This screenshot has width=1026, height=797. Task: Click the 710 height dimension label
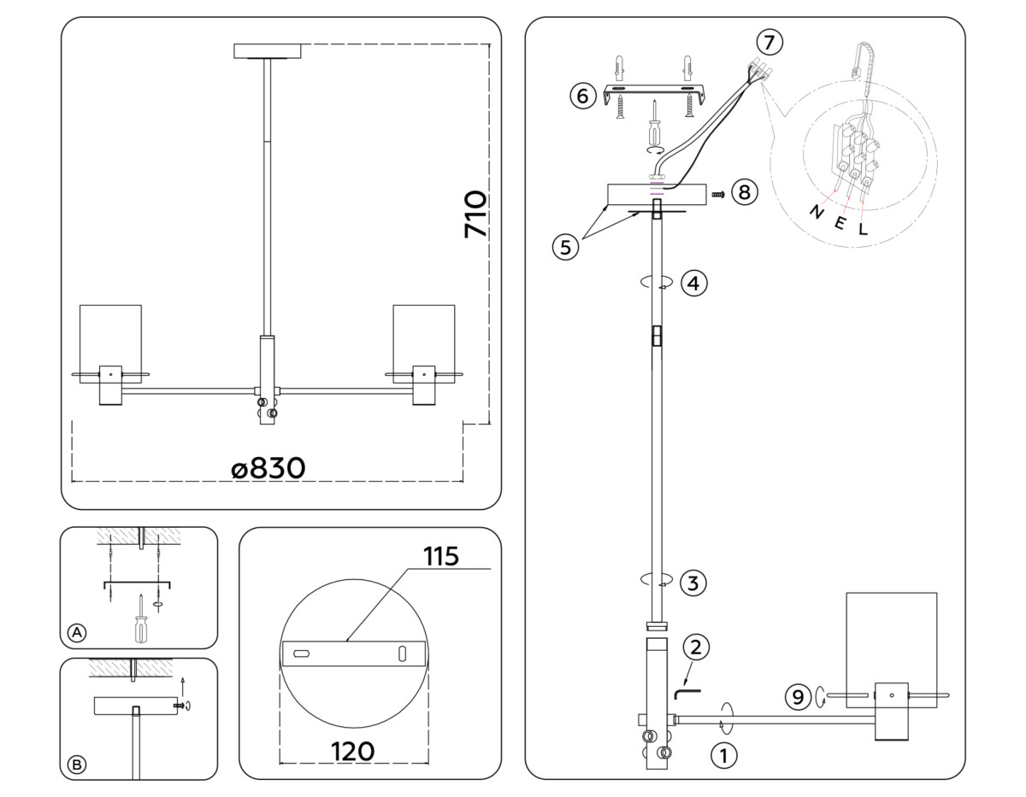coord(475,214)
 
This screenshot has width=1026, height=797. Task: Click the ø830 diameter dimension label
coord(268,467)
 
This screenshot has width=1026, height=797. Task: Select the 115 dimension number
coord(441,556)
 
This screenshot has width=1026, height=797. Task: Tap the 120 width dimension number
coord(353,751)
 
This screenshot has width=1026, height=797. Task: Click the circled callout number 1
coord(723,755)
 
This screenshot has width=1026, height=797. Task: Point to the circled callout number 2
coord(696,647)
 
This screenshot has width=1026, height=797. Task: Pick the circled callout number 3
coord(693,584)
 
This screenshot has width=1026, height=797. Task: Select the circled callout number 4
coord(693,283)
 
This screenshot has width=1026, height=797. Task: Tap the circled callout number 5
coord(564,247)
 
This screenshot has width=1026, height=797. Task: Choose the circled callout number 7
coord(769,40)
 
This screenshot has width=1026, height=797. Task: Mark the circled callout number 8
coord(744,193)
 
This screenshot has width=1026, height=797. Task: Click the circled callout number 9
coord(798,698)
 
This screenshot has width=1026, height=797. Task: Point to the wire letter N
coord(817,212)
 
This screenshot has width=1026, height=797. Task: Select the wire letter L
coord(864,228)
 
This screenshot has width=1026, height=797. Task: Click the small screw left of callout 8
coord(718,195)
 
